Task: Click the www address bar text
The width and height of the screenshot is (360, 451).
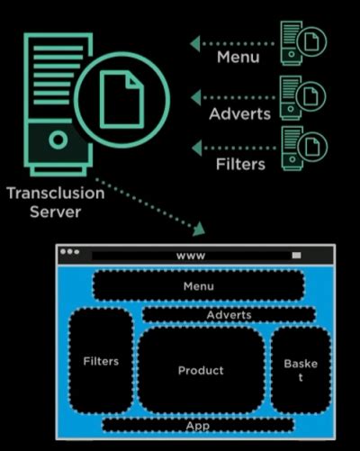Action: (x=191, y=256)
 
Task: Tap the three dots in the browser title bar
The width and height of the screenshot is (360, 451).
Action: (x=69, y=252)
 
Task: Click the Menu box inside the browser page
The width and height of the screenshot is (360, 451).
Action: (x=198, y=286)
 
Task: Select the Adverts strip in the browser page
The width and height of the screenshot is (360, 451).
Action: (x=229, y=315)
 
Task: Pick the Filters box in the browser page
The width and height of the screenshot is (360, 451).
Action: (x=101, y=361)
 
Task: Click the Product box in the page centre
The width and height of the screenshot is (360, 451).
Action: (x=201, y=370)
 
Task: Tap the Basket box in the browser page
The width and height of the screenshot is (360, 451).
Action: (x=300, y=370)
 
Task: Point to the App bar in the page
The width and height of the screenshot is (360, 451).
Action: (x=197, y=425)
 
